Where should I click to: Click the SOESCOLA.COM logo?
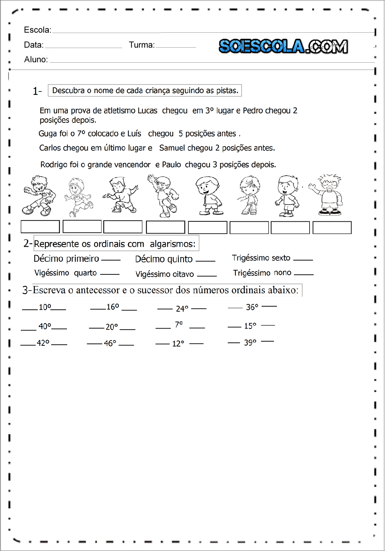coord(283,46)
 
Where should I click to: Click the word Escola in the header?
coord(37,30)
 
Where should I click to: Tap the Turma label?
coord(141,45)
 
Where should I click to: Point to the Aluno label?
coord(36,60)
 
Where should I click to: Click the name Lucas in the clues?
coord(147,111)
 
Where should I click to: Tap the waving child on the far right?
coord(328,195)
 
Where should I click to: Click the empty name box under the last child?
coord(332,227)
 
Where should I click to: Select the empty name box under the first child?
coord(40,227)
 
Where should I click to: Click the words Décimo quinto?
coord(164,259)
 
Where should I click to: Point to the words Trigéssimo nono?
coord(262,273)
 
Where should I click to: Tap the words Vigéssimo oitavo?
coord(165,274)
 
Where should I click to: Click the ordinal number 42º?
coord(43,343)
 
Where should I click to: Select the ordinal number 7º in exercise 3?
coord(179,325)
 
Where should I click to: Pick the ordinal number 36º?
coord(252,307)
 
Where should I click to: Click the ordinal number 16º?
coord(113,307)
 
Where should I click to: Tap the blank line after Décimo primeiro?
coord(111,260)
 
